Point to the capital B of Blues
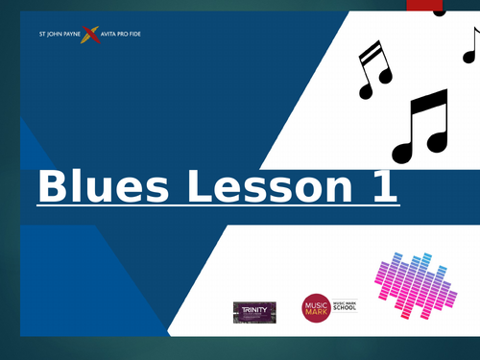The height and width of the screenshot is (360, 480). click(x=52, y=187)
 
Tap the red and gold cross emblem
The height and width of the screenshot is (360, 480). click(x=90, y=36)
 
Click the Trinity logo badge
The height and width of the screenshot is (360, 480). click(x=254, y=311)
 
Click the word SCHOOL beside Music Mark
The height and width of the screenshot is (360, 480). click(x=344, y=312)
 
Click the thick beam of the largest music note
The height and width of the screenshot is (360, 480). click(x=426, y=103)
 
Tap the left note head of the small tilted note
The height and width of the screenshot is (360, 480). click(x=366, y=91)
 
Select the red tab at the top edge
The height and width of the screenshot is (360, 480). click(x=422, y=5)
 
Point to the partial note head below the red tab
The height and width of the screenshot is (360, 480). click(x=440, y=12)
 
